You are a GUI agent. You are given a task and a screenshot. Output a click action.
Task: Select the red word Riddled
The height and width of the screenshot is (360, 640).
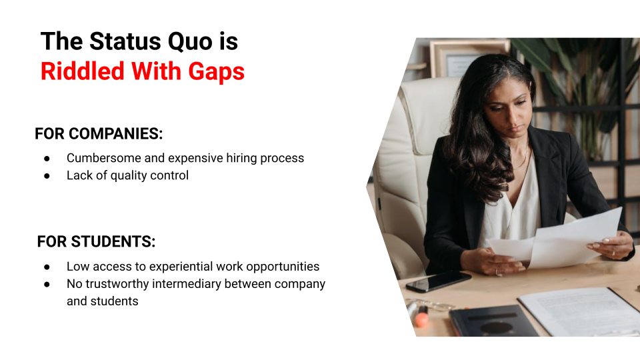pyautogui.click(x=83, y=71)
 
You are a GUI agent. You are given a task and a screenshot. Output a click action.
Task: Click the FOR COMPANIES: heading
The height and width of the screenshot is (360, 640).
pyautogui.click(x=99, y=134)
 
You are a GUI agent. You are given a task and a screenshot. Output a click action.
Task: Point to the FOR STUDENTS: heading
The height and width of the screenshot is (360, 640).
pyautogui.click(x=96, y=241)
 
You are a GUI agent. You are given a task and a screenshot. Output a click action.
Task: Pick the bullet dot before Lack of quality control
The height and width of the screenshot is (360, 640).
pyautogui.click(x=47, y=176)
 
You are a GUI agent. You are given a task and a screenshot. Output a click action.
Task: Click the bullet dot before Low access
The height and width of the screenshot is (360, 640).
pyautogui.click(x=47, y=267)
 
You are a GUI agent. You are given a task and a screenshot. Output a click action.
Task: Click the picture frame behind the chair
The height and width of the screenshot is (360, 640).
pyautogui.click(x=469, y=58)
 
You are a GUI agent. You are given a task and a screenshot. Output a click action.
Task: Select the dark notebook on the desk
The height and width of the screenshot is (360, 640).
pyautogui.click(x=494, y=321)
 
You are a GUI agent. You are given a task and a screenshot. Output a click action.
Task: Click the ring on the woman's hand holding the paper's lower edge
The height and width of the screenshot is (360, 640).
pyautogui.click(x=497, y=271)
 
